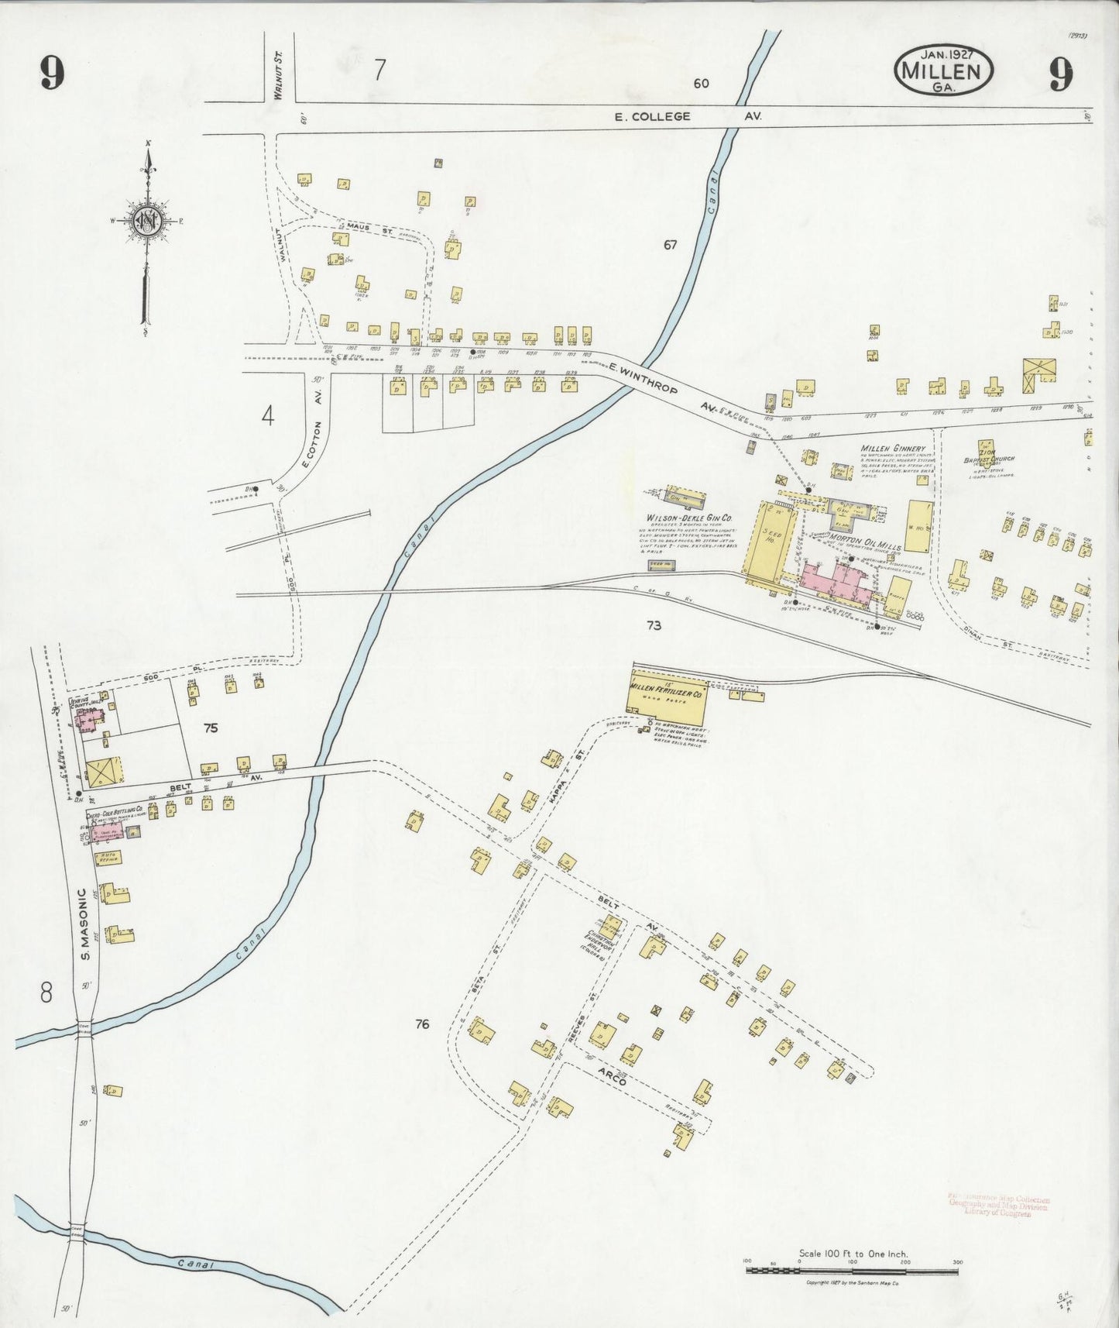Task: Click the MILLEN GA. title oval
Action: [x=944, y=71]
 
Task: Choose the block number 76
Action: [x=421, y=1024]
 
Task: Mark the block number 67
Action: [x=670, y=245]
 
